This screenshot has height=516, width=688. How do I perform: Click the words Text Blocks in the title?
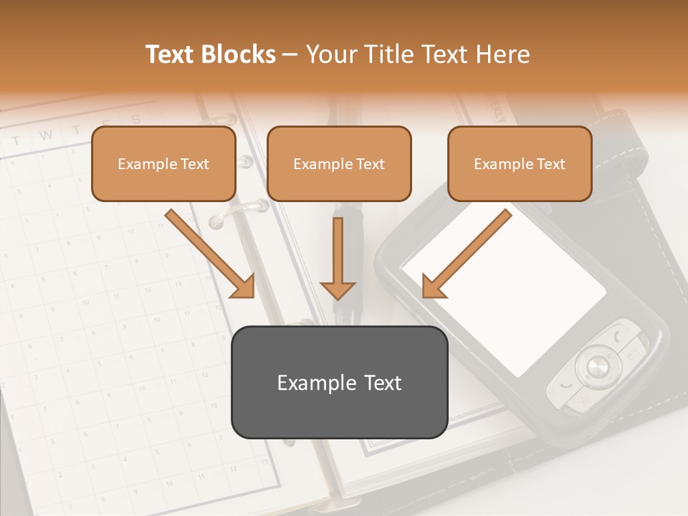[211, 54]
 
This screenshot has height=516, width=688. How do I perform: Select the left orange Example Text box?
[163, 163]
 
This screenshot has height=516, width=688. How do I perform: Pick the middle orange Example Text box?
[339, 163]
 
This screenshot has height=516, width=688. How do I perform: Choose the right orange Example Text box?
[520, 163]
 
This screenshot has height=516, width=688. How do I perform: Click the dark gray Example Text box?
[339, 382]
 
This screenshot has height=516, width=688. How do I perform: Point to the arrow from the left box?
[211, 254]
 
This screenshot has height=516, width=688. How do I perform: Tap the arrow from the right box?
[466, 254]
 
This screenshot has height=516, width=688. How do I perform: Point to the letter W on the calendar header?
[47, 135]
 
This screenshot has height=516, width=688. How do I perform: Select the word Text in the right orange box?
[550, 163]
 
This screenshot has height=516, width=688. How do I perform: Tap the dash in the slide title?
[290, 54]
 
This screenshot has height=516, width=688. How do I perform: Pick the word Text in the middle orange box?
[370, 163]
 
